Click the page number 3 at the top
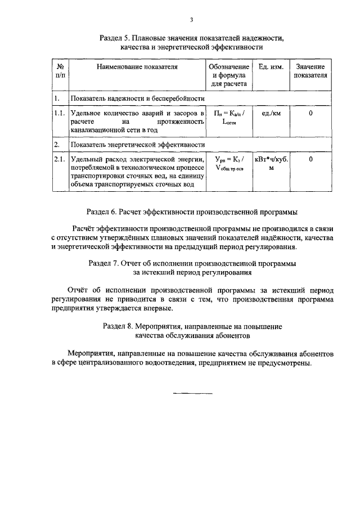pos(191,20)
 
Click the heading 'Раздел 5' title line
pos(191,38)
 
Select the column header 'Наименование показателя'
pos(137,66)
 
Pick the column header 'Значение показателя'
pos(310,71)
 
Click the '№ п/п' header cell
pos(60,71)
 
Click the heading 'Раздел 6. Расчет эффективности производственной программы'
pos(191,213)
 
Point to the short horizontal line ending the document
pos(192,393)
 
